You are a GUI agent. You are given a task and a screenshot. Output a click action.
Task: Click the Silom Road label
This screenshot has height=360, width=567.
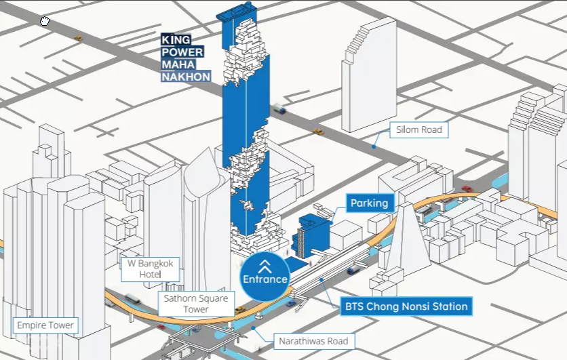pos(418,129)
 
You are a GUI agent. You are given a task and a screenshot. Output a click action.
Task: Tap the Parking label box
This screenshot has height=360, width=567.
pos(369,203)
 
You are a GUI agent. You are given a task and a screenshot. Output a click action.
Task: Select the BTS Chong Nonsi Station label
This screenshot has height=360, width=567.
pos(406,306)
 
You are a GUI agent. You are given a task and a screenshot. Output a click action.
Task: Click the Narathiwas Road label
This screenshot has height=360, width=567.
pos(313,341)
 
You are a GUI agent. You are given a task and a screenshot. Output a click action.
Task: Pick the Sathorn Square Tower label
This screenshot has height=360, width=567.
pos(196,304)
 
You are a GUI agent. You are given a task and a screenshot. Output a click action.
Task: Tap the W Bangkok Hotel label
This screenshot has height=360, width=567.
pos(150,269)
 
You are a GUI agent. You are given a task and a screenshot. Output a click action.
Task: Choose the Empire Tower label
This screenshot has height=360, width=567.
pos(45,325)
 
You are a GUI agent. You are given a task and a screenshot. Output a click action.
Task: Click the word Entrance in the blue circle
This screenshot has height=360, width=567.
pos(265,279)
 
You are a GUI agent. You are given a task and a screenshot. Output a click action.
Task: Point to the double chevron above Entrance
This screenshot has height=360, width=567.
pos(265,266)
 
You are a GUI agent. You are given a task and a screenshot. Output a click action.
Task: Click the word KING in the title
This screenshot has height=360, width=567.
pos(176,39)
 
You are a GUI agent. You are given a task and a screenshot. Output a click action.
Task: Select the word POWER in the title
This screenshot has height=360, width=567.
pos(182,52)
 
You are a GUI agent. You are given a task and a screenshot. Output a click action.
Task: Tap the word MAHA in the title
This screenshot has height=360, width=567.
pos(178,64)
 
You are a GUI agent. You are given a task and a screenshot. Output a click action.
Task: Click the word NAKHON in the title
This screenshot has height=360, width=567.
pos(186,77)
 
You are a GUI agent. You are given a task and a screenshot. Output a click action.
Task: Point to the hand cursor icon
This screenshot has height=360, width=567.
pos(45,21)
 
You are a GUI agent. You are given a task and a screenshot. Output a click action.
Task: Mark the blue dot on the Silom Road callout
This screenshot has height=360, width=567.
pos(374,146)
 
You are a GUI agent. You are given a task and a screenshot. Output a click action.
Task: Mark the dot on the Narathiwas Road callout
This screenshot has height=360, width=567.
pos(254,328)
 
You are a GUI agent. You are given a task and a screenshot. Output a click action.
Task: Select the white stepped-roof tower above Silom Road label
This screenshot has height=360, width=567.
pos(369,75)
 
